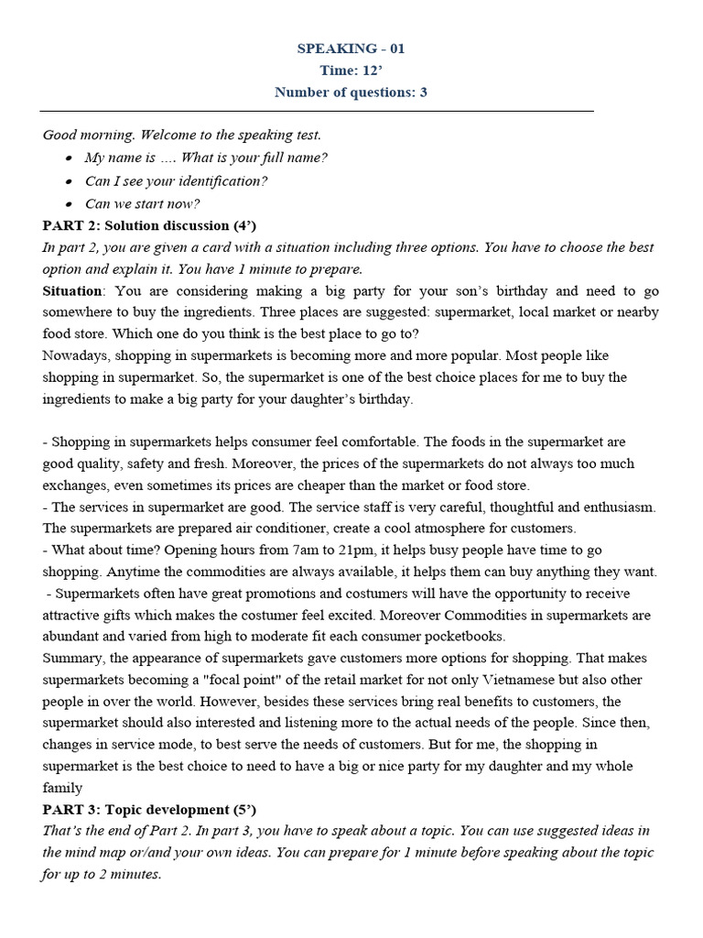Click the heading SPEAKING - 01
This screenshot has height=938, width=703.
(x=351, y=49)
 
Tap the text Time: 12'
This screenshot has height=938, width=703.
(x=351, y=70)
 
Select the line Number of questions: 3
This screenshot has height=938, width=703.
(x=351, y=92)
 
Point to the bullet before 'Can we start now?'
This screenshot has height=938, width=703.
(x=70, y=204)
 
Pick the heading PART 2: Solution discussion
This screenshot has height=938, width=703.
(x=150, y=225)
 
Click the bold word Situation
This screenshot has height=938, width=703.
(x=73, y=290)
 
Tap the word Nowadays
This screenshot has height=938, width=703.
(x=74, y=355)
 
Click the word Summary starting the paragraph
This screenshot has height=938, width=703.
(x=71, y=659)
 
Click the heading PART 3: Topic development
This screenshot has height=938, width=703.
(x=149, y=810)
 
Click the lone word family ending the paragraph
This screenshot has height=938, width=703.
(x=62, y=788)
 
